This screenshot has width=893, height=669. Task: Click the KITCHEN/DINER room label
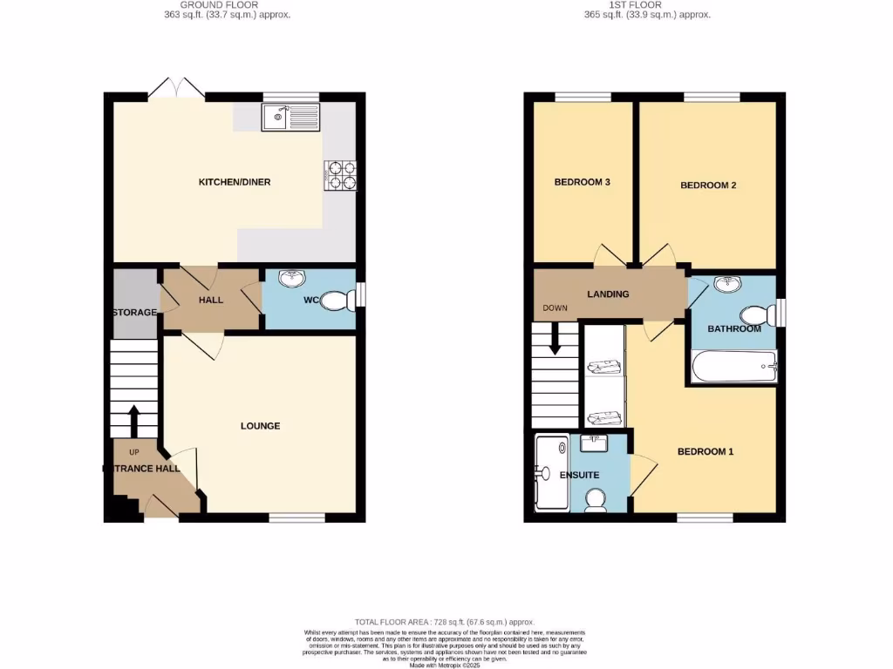click(235, 182)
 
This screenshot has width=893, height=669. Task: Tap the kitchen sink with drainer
click(291, 116)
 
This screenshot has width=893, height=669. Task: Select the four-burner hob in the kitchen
click(342, 175)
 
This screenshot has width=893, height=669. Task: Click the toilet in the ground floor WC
click(338, 301)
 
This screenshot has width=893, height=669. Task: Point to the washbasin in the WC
click(290, 279)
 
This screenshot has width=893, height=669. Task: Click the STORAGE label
click(134, 312)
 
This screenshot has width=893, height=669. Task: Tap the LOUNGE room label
click(260, 426)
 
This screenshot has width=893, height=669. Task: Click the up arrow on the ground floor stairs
click(134, 419)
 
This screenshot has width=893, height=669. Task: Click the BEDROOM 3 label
click(582, 182)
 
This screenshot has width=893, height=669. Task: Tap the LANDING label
click(608, 294)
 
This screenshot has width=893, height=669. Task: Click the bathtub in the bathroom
click(733, 367)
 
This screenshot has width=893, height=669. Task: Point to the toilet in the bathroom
click(755, 314)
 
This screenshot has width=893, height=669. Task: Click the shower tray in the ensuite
click(551, 473)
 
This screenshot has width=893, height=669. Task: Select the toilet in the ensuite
click(597, 499)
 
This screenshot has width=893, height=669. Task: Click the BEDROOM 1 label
click(706, 451)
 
